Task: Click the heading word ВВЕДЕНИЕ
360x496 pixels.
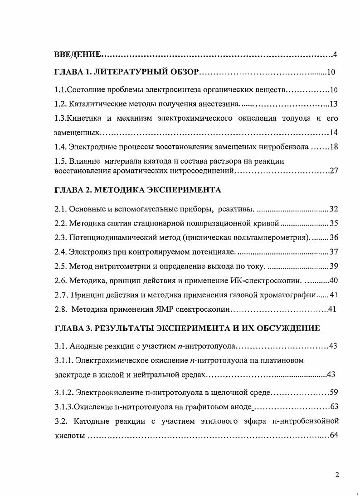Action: [77, 55]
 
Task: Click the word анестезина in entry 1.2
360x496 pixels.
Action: [219, 104]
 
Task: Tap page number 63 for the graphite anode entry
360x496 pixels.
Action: [334, 406]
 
